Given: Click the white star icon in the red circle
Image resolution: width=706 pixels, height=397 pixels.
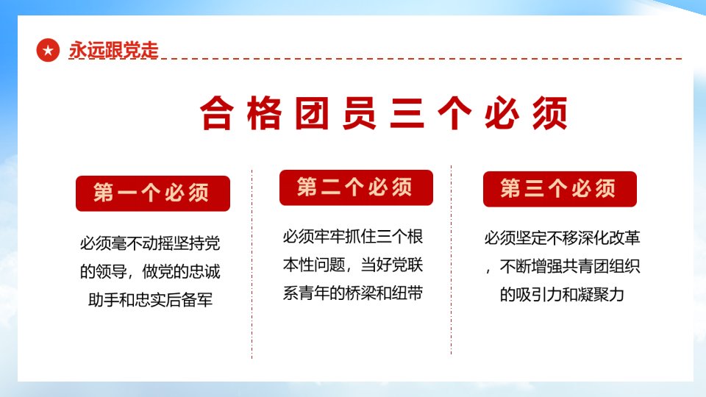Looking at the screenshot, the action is coord(49,51).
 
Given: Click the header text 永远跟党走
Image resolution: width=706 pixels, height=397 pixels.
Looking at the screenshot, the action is coord(113,50).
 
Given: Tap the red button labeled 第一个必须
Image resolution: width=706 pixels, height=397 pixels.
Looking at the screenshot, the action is coord(153,193).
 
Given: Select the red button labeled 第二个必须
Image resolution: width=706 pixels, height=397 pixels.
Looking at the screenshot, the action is coord(356,187).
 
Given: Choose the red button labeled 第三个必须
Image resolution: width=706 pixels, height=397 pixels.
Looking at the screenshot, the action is coord(560,189).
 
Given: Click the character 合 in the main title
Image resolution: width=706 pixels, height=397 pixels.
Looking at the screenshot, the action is coord(216,113).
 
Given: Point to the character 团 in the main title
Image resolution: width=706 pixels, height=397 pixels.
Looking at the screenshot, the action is coord(312,113).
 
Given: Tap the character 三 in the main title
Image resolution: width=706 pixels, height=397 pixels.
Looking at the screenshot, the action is coord(407,113).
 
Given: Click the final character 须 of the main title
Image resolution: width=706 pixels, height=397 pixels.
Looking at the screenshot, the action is coord(550,113).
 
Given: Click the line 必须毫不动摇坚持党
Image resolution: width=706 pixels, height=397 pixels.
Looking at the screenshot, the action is coord(150,243).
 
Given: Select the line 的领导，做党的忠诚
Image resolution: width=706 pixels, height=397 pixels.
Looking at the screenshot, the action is coord(150,272).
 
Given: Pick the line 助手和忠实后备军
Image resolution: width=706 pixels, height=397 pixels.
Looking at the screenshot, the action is coord(150,300).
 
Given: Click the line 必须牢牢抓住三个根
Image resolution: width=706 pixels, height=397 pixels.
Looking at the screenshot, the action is coord(352,237).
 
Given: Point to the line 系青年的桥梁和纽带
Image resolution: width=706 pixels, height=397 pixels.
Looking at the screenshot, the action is coord(352,293).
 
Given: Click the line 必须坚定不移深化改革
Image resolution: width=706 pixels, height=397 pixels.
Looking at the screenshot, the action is coord(562,238).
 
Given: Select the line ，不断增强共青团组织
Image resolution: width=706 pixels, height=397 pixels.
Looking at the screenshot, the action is coord(562,266).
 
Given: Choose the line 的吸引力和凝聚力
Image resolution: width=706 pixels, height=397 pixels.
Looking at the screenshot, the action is coord(562,295).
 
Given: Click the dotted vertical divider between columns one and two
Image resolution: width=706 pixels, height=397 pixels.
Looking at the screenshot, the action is coord(252,264).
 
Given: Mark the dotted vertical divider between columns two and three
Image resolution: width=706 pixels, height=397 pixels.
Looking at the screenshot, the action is coord(451,260).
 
